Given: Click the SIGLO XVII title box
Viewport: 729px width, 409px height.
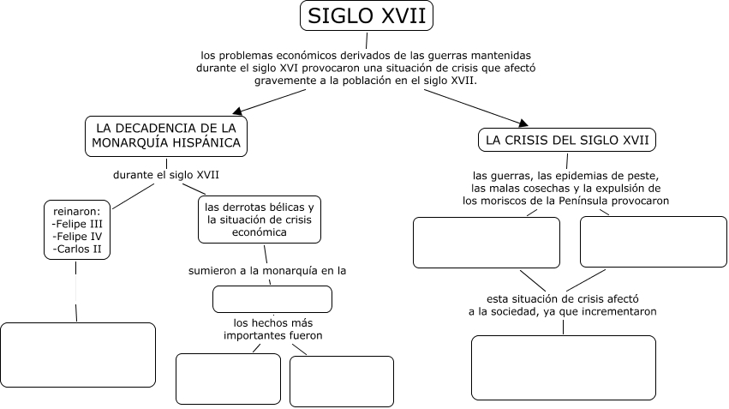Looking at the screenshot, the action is click(366, 15).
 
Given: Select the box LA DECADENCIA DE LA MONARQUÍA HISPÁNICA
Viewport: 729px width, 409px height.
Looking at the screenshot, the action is click(166, 135).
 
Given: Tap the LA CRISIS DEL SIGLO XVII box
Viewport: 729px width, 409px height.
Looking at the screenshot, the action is click(567, 140).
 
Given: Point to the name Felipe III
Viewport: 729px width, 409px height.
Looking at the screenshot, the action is click(79, 222).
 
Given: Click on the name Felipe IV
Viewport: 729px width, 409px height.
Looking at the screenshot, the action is click(79, 236).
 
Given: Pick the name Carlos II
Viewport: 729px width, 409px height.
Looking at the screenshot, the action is click(79, 249).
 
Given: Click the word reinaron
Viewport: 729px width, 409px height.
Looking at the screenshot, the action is click(76, 209).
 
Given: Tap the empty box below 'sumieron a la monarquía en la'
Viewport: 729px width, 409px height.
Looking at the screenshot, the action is click(272, 298).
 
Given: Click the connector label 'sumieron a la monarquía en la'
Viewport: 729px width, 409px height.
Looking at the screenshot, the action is click(267, 271).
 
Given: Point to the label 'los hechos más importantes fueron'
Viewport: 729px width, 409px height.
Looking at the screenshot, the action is click(272, 329).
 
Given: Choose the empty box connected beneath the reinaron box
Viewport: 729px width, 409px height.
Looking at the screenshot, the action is click(78, 355).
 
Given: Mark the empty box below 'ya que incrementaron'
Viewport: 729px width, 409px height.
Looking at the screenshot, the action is click(563, 367).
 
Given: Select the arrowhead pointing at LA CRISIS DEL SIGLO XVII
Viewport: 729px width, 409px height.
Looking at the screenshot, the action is click(522, 123).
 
